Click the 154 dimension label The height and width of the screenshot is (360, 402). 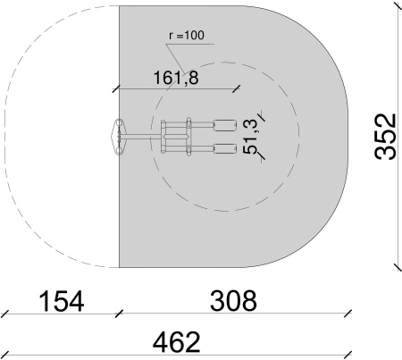point(62,301)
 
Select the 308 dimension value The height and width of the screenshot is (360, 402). point(233,301)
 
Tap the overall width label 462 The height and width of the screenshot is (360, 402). point(176,342)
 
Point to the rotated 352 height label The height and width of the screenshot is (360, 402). point(385,137)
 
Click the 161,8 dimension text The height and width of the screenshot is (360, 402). point(176,78)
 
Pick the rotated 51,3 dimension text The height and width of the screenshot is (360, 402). point(251,137)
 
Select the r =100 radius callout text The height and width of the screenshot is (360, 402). point(187,35)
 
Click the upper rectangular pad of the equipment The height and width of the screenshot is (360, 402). point(225,125)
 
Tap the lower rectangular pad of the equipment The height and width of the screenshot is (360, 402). point(225,149)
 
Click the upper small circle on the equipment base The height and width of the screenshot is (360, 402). point(119,122)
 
